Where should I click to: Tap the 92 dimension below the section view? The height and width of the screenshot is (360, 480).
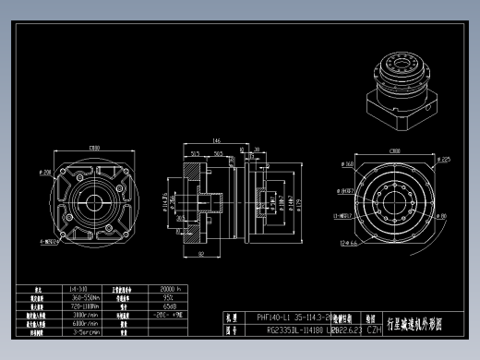(200, 252)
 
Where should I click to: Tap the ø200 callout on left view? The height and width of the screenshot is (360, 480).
(44, 172)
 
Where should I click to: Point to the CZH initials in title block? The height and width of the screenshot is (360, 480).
(375, 329)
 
